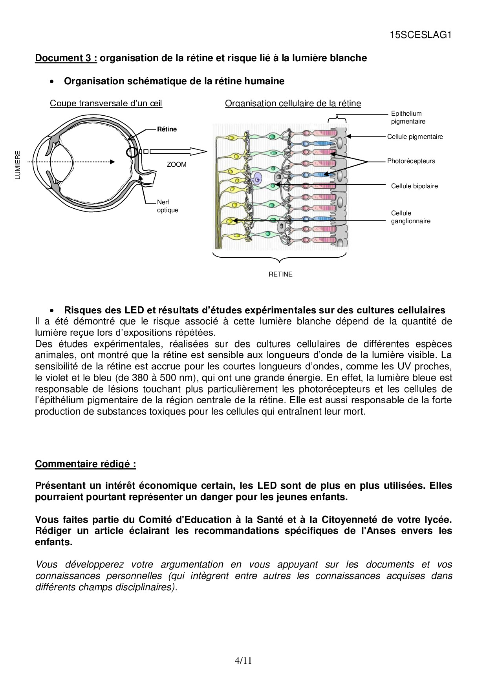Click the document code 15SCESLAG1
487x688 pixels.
[x=420, y=35]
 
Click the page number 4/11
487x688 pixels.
[x=243, y=661]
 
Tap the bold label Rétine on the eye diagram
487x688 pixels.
[x=167, y=129]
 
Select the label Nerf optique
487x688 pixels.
[x=167, y=206]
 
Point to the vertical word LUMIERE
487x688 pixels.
[x=18, y=165]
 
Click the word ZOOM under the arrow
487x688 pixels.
[x=177, y=164]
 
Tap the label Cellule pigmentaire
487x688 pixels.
[x=415, y=137]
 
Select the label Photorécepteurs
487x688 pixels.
[x=411, y=161]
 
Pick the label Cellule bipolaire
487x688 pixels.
[x=414, y=186]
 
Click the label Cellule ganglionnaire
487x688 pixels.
[x=410, y=217]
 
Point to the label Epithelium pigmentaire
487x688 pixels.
[x=408, y=117]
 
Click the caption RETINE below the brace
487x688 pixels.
[x=280, y=274]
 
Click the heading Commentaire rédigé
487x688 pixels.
[x=85, y=464]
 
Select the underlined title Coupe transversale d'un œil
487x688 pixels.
[x=106, y=103]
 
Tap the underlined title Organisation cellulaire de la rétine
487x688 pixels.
[x=293, y=103]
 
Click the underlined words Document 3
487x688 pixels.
[x=66, y=58]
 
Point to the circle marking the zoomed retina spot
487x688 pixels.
[x=132, y=152]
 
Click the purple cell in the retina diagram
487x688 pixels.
[x=257, y=178]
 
